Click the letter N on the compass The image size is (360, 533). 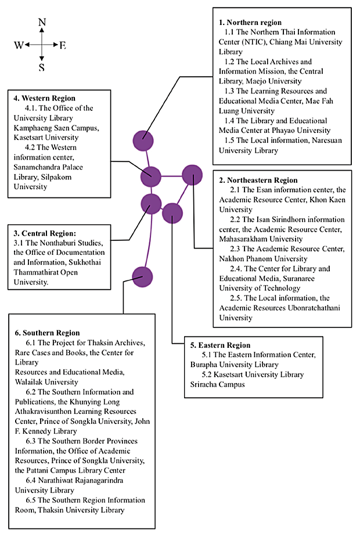coord(42,22)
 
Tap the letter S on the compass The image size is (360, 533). coord(42,67)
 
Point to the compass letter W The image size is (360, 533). coord(19,45)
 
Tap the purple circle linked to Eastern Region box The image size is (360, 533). coord(172,214)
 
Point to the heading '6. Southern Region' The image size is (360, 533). coord(47,333)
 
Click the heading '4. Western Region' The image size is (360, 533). coord(44,98)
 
